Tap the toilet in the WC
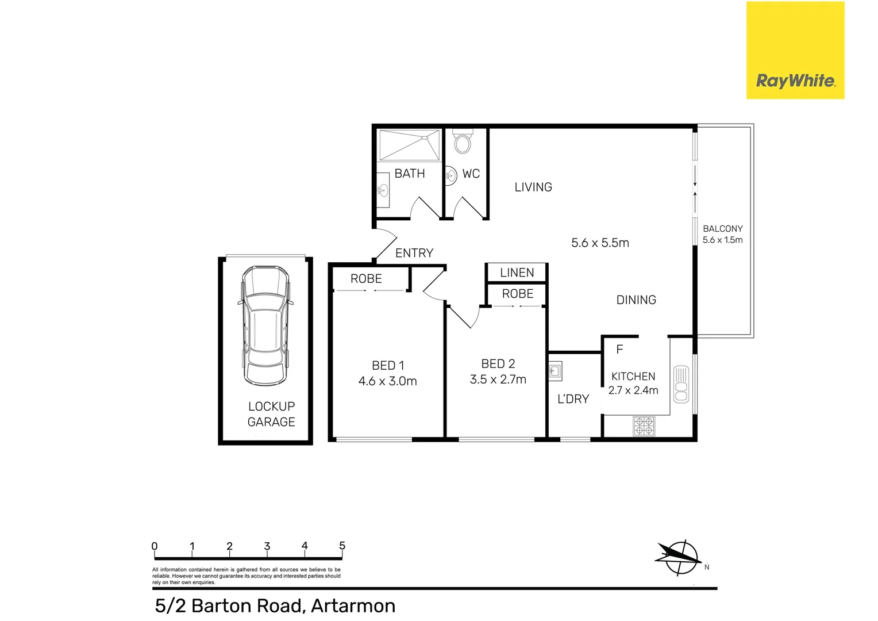463,141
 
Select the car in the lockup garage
265,325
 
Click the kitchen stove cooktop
644,426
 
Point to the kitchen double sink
681,384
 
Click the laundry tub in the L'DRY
555,371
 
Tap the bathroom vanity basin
383,190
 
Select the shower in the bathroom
409,145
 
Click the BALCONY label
722,228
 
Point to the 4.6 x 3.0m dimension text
387,381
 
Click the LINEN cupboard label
517,273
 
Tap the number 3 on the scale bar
267,546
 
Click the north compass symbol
680,557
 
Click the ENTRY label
414,253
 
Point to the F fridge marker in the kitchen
619,349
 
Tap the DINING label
636,300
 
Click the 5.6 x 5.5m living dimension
600,243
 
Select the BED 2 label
498,363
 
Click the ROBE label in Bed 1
366,278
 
